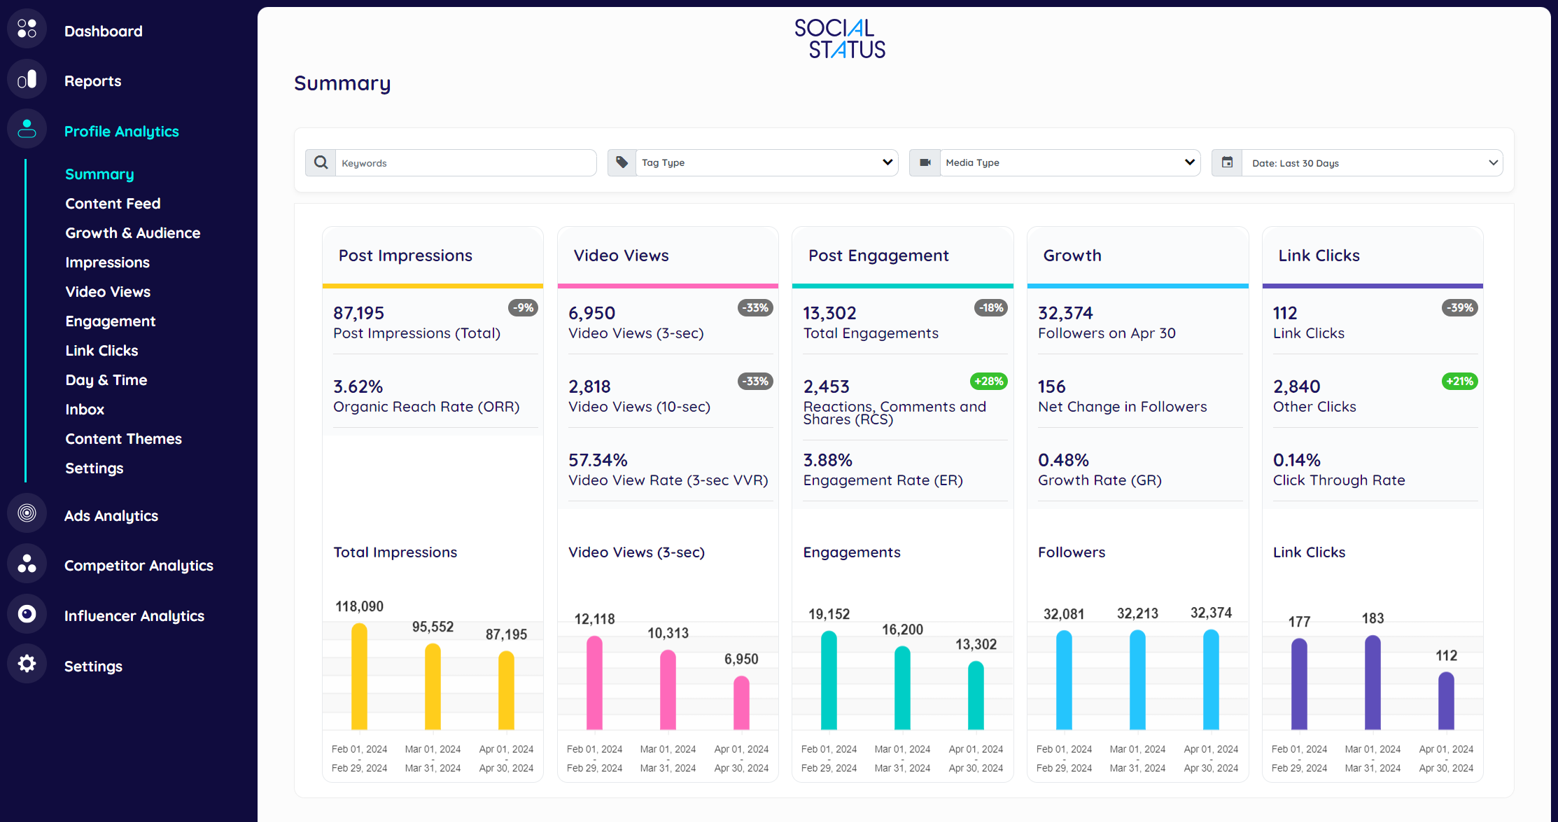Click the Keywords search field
(465, 162)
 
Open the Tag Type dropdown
(766, 162)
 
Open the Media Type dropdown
(1069, 162)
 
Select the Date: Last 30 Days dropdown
(1371, 162)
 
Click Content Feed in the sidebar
(113, 204)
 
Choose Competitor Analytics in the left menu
(139, 566)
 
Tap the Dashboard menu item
(103, 32)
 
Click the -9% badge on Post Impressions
(523, 308)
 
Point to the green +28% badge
(988, 382)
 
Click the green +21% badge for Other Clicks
(1459, 382)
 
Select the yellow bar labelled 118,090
(359, 676)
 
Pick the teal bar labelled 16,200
(902, 688)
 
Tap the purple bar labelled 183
(1373, 682)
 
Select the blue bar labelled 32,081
(1064, 680)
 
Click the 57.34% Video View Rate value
(598, 460)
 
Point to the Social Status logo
(839, 39)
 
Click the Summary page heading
(342, 83)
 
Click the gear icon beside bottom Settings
(27, 664)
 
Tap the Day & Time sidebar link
(106, 380)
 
